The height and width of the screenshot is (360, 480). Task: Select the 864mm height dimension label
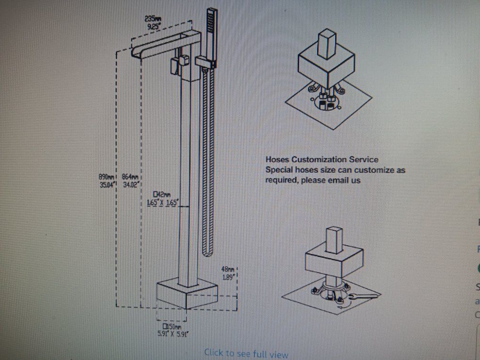pos(129,176)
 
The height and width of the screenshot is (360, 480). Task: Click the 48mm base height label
pos(227,269)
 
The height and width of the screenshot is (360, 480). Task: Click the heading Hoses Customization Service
pos(321,160)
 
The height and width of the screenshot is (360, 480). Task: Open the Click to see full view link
pos(246,353)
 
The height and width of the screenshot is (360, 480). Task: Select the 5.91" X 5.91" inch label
pos(172,335)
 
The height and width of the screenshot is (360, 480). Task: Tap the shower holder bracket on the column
pos(203,61)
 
